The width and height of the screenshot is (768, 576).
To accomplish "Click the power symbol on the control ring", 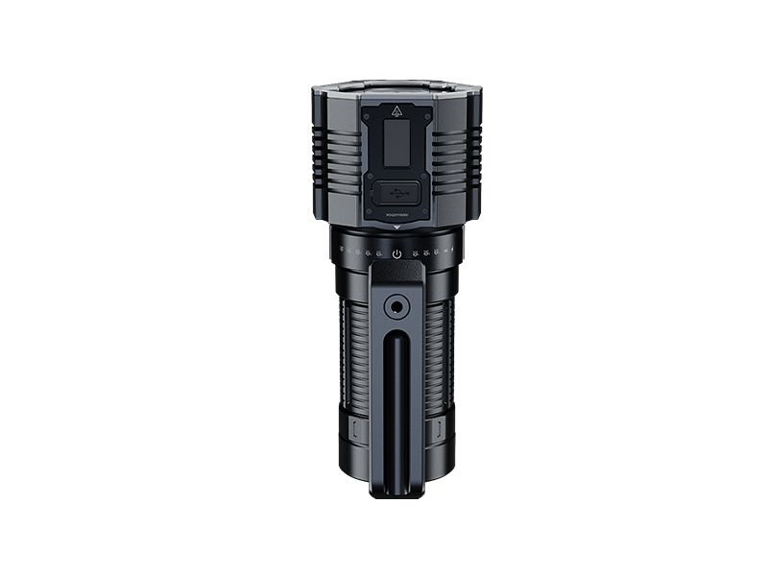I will pos(396,254).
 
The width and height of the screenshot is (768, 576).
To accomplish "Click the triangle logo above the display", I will pos(396,111).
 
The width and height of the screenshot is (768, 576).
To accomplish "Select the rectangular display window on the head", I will pos(396,143).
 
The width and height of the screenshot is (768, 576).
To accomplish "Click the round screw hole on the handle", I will pos(396,308).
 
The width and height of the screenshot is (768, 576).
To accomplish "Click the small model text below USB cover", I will pos(396,215).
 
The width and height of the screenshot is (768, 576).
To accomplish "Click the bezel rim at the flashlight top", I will pos(396,89).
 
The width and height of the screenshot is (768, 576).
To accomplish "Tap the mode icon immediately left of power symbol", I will pos(380,254).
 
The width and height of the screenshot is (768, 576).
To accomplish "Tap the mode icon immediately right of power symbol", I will pos(414,254).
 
